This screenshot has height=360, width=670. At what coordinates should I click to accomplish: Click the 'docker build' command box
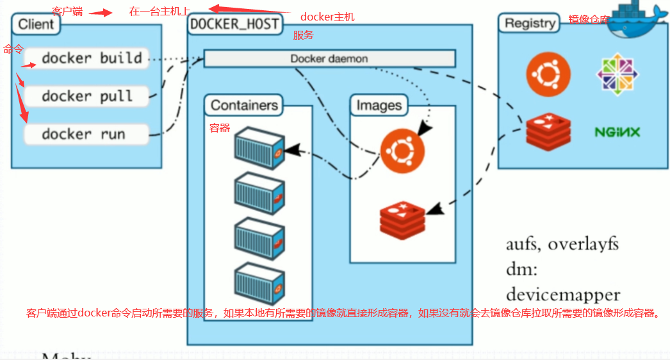[x=86, y=58]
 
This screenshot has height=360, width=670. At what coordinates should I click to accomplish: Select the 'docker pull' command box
[x=86, y=97]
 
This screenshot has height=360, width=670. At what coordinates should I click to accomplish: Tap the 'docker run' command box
[x=86, y=135]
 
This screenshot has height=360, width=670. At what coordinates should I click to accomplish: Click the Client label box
[x=36, y=25]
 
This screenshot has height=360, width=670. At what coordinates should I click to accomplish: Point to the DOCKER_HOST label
[x=234, y=24]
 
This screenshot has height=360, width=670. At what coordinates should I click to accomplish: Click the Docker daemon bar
[x=329, y=59]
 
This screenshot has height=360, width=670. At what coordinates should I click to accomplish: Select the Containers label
[x=244, y=105]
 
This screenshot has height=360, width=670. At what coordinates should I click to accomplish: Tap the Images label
[x=379, y=105]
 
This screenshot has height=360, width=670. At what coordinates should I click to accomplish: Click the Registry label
[x=529, y=23]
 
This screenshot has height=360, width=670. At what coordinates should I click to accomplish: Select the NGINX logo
[x=617, y=133]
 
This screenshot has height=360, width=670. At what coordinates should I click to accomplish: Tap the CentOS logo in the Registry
[x=618, y=72]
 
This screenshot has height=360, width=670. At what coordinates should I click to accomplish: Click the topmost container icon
[x=259, y=148]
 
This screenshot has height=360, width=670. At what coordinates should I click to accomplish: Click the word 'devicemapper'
[x=562, y=295]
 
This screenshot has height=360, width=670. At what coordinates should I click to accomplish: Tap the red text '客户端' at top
[x=67, y=12]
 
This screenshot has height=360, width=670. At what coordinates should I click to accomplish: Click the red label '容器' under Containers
[x=220, y=128]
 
